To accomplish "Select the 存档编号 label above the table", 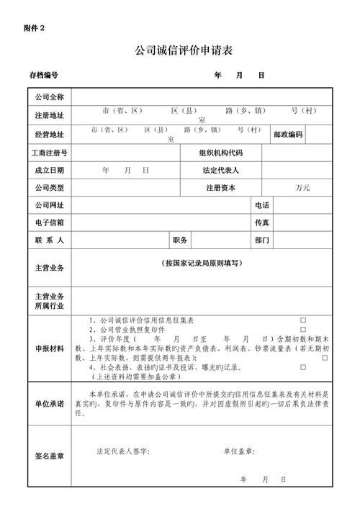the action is tap(43, 75).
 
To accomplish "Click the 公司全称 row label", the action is tap(49, 97).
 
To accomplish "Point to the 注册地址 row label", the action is tap(49, 115).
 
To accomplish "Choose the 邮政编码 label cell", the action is tap(288, 135).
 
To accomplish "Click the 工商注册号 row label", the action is tap(49, 153).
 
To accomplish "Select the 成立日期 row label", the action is tap(49, 171).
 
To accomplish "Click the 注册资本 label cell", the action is tap(221, 188).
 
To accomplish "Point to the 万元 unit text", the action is tap(302, 188).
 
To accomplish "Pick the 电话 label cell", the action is tap(261, 205).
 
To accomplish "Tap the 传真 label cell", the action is tap(261, 222).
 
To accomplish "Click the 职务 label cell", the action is tap(180, 240).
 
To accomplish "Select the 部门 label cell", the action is tap(261, 240).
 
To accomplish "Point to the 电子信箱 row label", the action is tap(49, 222).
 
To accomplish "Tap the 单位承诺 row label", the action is tap(49, 403).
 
